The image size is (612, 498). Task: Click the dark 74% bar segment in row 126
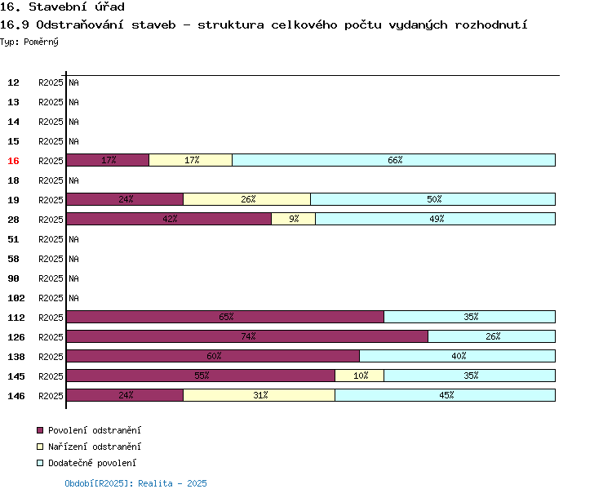(x=247, y=336)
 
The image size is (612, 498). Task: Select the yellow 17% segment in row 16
(x=191, y=160)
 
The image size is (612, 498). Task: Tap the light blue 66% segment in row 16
(x=394, y=160)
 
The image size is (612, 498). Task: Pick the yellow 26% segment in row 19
(x=247, y=199)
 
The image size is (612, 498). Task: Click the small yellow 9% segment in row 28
(x=293, y=219)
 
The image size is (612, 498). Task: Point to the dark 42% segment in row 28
(x=169, y=219)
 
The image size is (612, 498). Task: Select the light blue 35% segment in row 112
(x=470, y=317)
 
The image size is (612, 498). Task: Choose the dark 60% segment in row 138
(x=213, y=356)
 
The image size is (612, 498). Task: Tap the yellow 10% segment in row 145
(x=360, y=376)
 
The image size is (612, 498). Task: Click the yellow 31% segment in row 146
(x=259, y=395)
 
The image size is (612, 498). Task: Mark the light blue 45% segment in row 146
(x=446, y=395)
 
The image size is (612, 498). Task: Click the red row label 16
(x=13, y=161)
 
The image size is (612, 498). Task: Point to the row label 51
(x=13, y=239)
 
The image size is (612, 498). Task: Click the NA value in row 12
(x=73, y=82)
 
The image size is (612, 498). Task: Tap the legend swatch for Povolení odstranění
(x=40, y=430)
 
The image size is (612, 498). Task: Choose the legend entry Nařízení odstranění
(x=94, y=447)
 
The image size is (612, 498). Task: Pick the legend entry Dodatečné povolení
(x=92, y=463)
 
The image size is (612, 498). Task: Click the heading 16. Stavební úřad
(x=62, y=7)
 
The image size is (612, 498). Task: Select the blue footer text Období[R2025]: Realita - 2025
(x=135, y=483)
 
